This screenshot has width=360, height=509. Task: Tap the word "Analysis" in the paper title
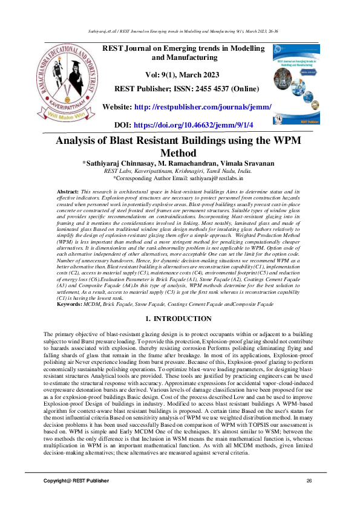coord(80,141)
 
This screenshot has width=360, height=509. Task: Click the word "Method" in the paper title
coord(180,154)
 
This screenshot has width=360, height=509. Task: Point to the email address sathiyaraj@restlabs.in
coord(214,179)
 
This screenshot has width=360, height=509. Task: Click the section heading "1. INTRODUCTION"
coord(179,318)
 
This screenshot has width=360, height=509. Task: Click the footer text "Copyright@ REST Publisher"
coord(76,480)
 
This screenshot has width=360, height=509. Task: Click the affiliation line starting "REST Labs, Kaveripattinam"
coord(180,171)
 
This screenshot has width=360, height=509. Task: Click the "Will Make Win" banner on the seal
coord(68,114)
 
